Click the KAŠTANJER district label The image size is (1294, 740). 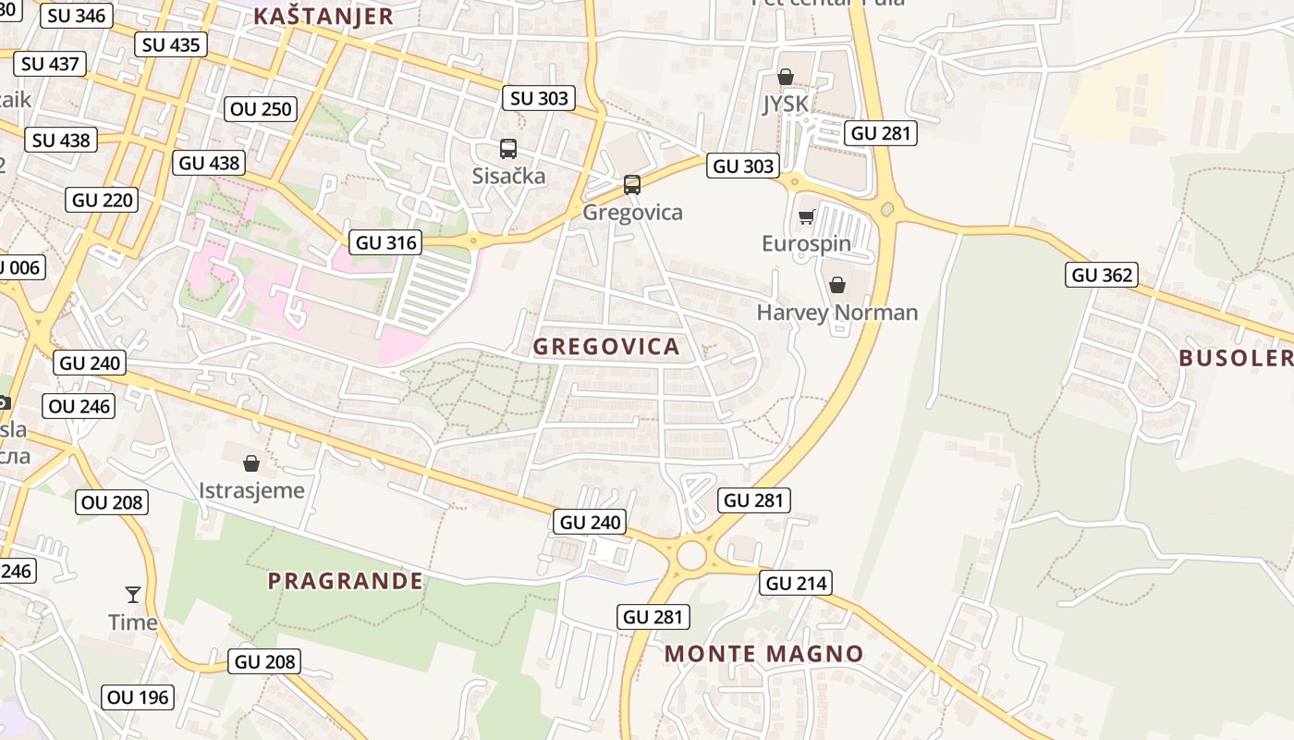click(323, 16)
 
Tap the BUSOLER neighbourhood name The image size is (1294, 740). click(1236, 358)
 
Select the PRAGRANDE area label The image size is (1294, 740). click(345, 581)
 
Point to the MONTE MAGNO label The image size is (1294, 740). click(763, 654)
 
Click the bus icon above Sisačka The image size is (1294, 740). click(507, 149)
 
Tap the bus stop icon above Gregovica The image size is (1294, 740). click(632, 185)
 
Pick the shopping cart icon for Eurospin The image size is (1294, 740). click(806, 217)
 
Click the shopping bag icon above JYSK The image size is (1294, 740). click(785, 77)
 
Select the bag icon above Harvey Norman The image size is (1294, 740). click(836, 285)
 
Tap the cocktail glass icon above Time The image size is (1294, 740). click(133, 594)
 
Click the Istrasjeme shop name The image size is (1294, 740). click(251, 490)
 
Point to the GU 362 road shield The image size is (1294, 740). click(1101, 275)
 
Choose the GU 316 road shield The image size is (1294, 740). click(386, 242)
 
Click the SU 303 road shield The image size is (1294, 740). click(540, 98)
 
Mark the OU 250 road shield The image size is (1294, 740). click(261, 109)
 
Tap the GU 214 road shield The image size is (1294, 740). click(796, 583)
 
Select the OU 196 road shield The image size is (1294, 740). click(139, 697)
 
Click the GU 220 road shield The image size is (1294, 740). click(103, 200)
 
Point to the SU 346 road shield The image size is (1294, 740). click(78, 16)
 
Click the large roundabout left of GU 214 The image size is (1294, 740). click(691, 556)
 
